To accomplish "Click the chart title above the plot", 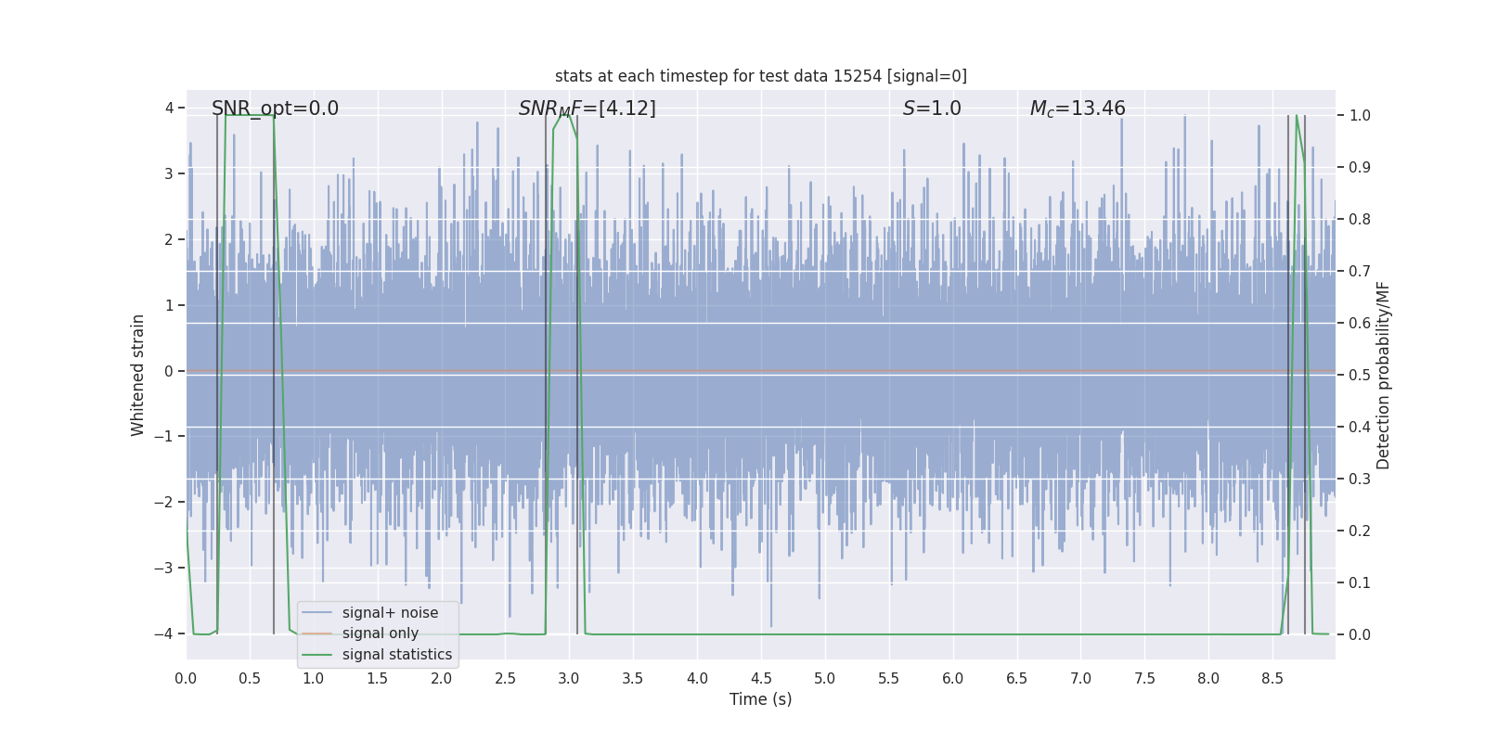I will coord(760,76).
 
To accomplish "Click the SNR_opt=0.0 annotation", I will coord(275,109).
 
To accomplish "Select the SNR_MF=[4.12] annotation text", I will coord(587,109).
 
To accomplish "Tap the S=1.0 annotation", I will coord(932,109).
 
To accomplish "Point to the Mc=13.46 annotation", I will coord(1077,109).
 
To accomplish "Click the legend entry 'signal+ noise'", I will coord(390,613).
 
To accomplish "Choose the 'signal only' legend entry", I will coord(380,633).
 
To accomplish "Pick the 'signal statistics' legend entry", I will coord(396,655).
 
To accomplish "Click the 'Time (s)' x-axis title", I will coord(760,699).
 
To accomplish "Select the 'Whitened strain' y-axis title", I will coord(138,375).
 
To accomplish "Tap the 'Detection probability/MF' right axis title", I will coord(1383,375).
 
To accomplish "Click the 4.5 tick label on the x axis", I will coord(761,679).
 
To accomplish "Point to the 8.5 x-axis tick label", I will coord(1272,679).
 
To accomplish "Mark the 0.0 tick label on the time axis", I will coord(186,679).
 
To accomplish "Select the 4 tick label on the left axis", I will coord(169,109).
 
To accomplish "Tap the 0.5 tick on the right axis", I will coord(1359,375).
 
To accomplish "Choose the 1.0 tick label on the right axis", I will coord(1359,116).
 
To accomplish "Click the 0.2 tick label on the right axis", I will coord(1359,531).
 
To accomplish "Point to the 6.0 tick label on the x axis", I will coord(953,679).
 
